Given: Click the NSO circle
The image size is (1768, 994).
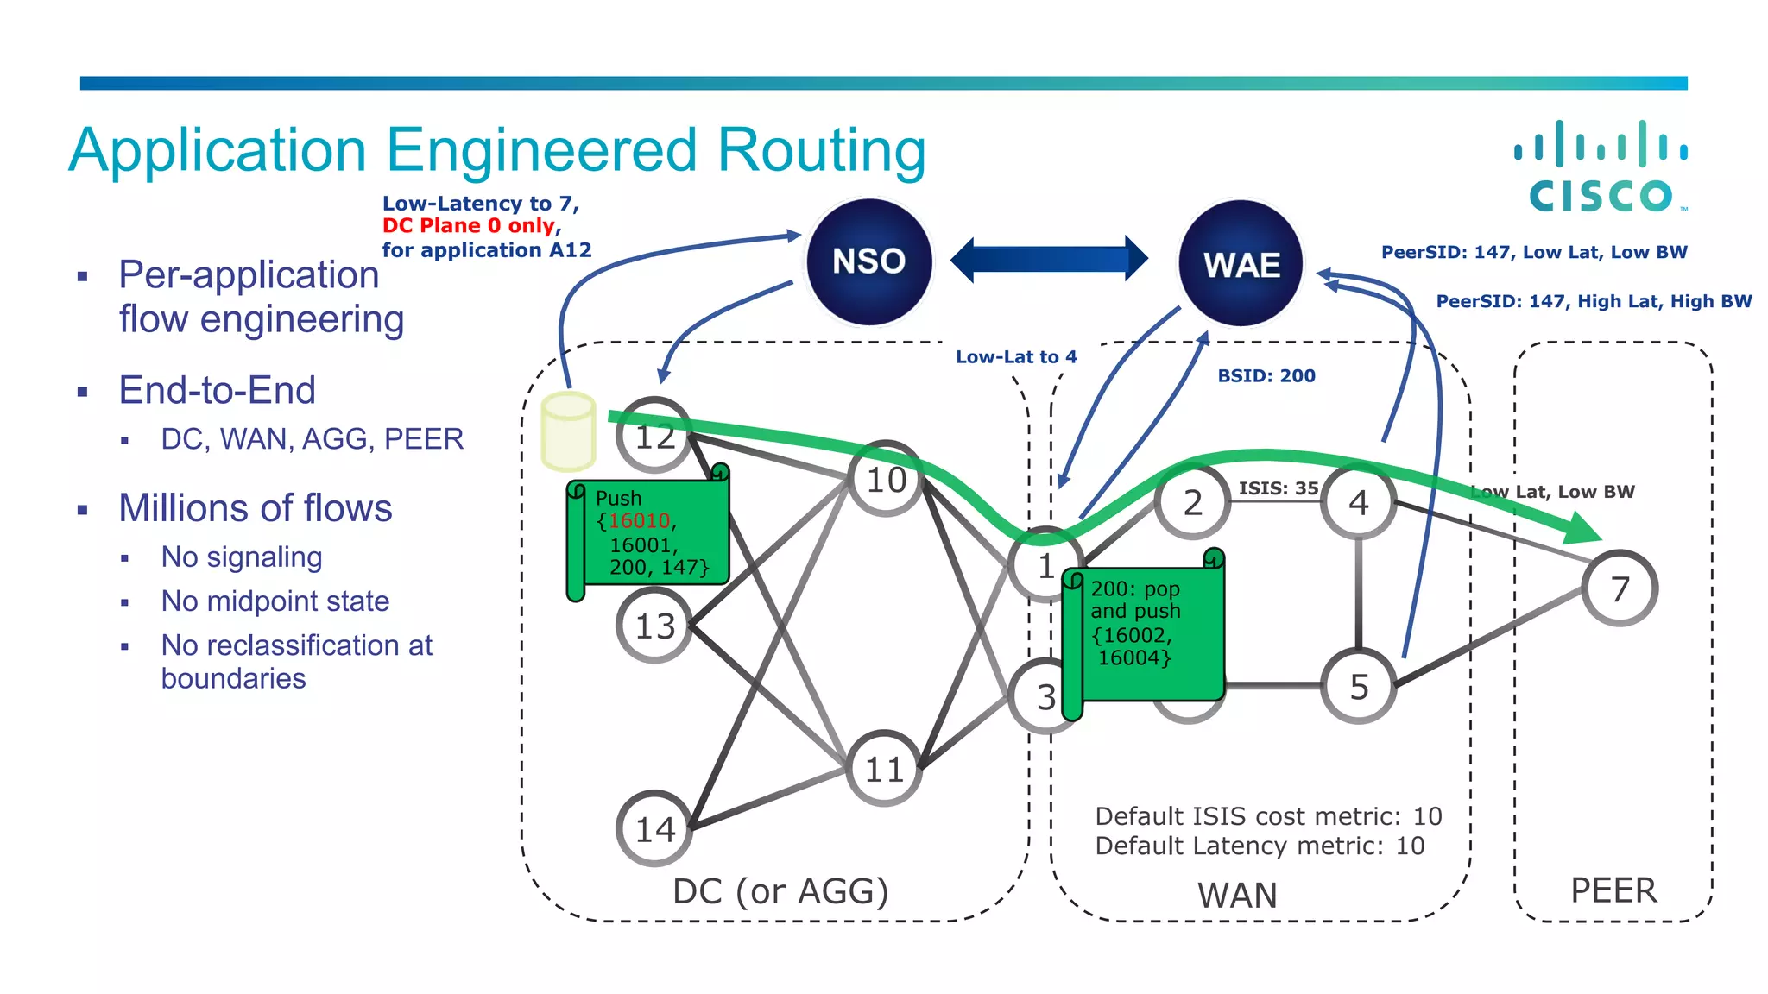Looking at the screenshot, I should (x=868, y=261).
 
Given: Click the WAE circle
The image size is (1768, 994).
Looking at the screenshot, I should (x=1241, y=264).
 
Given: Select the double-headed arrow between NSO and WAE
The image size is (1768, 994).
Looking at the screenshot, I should (x=1049, y=259).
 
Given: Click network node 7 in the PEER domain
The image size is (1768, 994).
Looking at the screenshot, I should (x=1620, y=588).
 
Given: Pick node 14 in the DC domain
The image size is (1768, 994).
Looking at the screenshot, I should (x=654, y=829).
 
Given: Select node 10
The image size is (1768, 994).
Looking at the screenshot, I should (x=886, y=480).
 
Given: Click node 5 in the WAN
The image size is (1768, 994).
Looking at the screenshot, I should (x=1359, y=687).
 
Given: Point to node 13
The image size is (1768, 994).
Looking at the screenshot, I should (x=654, y=626).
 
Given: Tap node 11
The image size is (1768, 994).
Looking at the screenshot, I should (x=884, y=769).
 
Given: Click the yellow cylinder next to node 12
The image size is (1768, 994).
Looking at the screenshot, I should (x=568, y=431).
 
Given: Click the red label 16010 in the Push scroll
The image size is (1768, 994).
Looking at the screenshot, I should (x=640, y=521).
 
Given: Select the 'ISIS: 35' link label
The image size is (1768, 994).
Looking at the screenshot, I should (x=1278, y=488).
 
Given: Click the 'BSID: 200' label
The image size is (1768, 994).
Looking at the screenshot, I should (x=1266, y=376).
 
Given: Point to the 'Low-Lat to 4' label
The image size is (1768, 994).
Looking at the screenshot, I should (x=1015, y=357).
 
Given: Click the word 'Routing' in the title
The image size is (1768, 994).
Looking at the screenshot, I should (x=821, y=151).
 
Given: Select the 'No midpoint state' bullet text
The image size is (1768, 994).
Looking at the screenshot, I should (x=275, y=601).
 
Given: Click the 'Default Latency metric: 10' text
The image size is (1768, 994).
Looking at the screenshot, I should (x=1259, y=846).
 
